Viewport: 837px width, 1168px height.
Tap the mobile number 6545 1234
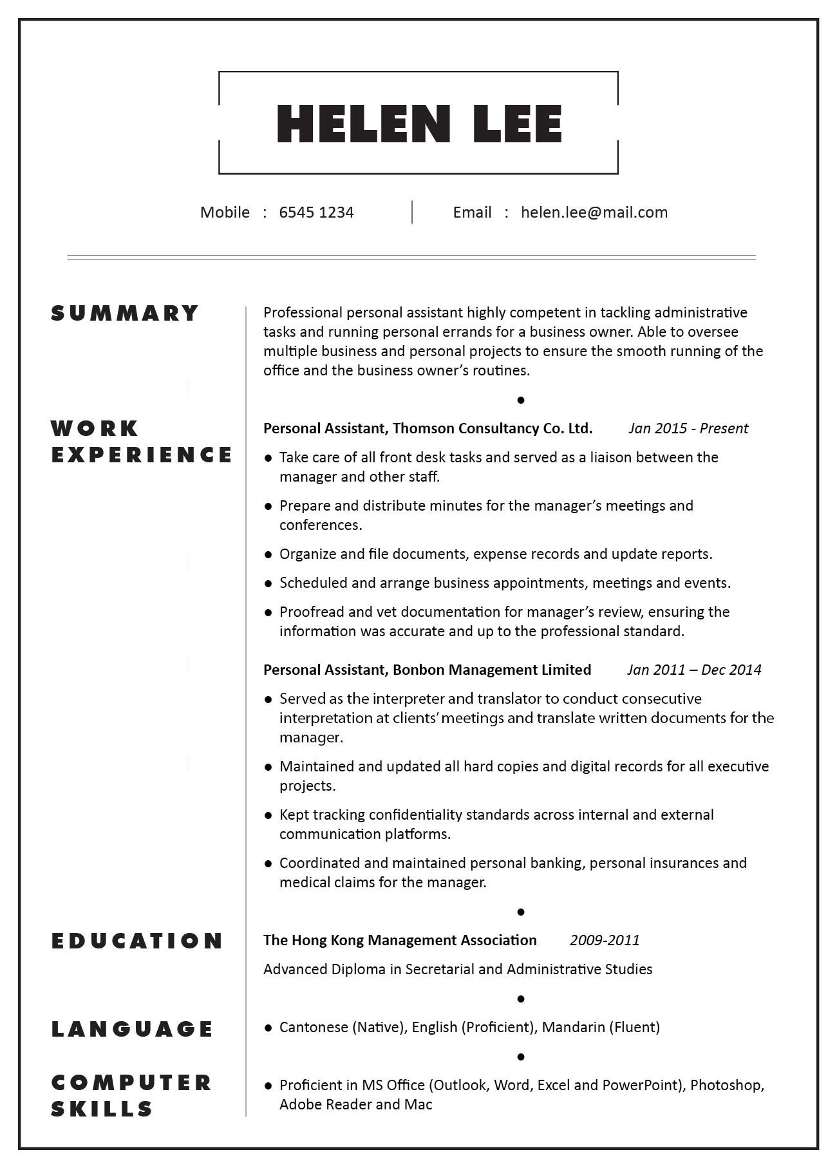pyautogui.click(x=316, y=212)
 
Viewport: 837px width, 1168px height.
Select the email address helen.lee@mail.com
pyautogui.click(x=594, y=212)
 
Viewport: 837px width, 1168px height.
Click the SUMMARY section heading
pyautogui.click(x=125, y=313)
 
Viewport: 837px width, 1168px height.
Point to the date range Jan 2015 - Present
pyautogui.click(x=688, y=429)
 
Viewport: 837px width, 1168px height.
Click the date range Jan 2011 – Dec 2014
pyautogui.click(x=693, y=670)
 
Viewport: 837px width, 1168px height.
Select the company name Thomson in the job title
pyautogui.click(x=422, y=429)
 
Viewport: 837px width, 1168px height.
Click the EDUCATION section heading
pyautogui.click(x=137, y=941)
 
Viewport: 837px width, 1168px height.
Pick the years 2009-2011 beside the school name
pyautogui.click(x=604, y=941)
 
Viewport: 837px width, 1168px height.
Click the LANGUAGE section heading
pyautogui.click(x=132, y=1029)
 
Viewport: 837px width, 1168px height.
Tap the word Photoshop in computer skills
pyautogui.click(x=726, y=1086)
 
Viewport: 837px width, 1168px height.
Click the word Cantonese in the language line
pyautogui.click(x=314, y=1028)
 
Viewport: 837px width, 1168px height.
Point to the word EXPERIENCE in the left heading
pyautogui.click(x=142, y=455)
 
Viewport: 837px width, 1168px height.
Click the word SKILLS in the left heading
pyautogui.click(x=102, y=1109)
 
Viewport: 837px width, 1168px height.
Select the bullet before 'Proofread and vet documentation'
pyautogui.click(x=268, y=612)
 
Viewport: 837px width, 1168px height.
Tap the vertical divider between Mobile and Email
pyautogui.click(x=412, y=212)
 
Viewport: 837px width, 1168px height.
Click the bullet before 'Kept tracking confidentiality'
pyautogui.click(x=268, y=815)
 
